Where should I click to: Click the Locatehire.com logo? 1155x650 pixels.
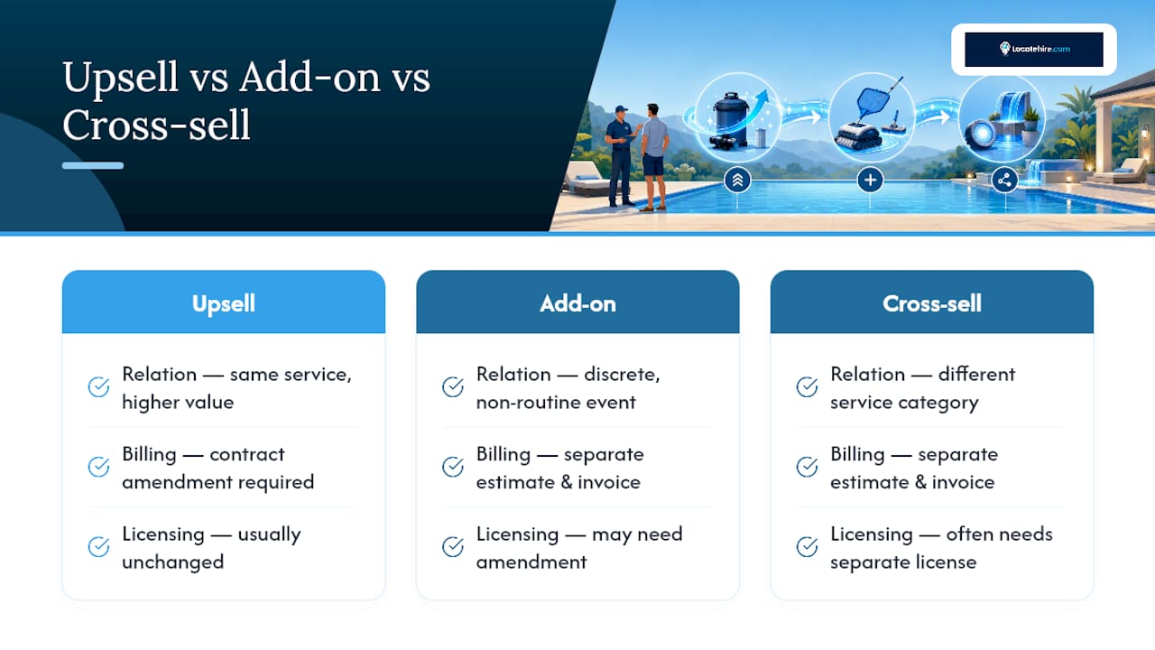coord(1034,49)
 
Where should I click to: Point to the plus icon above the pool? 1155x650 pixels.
coord(871,180)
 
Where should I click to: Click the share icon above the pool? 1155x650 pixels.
coord(1004,180)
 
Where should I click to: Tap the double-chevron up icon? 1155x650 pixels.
coord(737,180)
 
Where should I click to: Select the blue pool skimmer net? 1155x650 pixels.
coord(876,99)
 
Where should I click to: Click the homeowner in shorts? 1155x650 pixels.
coord(654,157)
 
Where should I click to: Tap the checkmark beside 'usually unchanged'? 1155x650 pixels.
coord(98,547)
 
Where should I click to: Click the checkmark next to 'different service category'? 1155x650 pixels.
coord(807,387)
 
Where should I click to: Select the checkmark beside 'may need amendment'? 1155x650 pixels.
coord(453,547)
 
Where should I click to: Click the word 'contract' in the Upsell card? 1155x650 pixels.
coord(247,454)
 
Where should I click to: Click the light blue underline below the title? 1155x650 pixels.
coord(93,165)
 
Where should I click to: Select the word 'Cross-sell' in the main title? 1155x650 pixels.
coord(156,125)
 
